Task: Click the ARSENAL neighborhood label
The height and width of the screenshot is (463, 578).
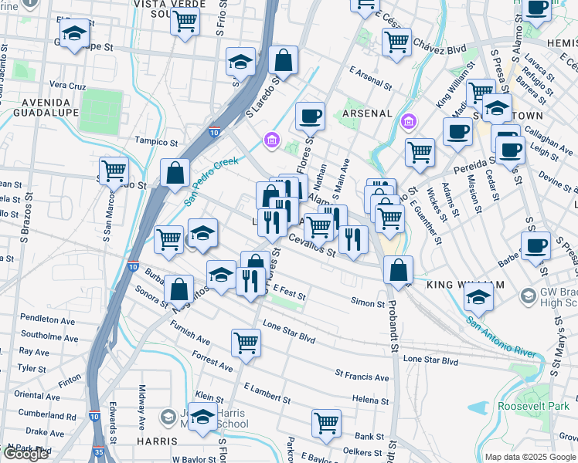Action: (367, 113)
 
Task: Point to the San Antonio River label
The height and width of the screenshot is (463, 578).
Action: (501, 336)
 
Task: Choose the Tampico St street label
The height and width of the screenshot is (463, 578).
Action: (157, 142)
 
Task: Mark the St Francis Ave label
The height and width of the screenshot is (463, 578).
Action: (362, 377)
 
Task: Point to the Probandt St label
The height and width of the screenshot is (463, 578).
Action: (393, 327)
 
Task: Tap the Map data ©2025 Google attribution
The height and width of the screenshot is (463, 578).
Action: (531, 457)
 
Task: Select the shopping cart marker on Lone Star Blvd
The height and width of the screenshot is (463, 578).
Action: (246, 341)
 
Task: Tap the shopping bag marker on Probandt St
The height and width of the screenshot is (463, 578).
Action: (398, 270)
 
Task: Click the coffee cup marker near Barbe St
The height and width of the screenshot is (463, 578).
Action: (535, 245)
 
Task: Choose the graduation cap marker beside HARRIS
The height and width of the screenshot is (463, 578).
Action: (203, 417)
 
